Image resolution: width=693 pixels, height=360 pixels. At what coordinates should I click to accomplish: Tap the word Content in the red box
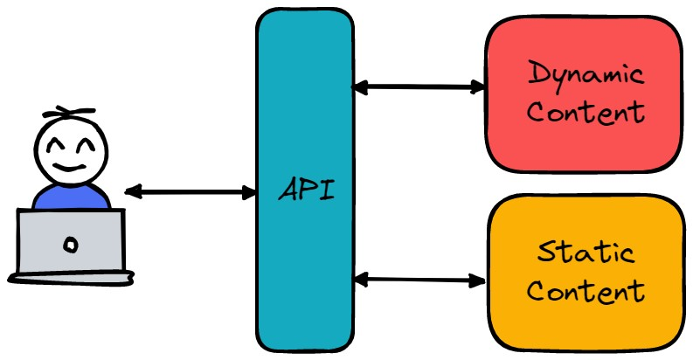point(586,113)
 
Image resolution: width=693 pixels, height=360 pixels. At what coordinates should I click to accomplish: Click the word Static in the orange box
point(586,254)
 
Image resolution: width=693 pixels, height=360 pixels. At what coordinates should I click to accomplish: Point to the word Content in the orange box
point(586,290)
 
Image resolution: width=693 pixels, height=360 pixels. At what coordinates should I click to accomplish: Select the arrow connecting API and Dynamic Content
point(418,87)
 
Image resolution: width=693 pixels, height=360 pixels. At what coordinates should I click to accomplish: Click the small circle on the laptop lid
point(72,245)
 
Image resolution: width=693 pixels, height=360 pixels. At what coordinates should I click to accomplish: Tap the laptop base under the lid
point(72,278)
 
